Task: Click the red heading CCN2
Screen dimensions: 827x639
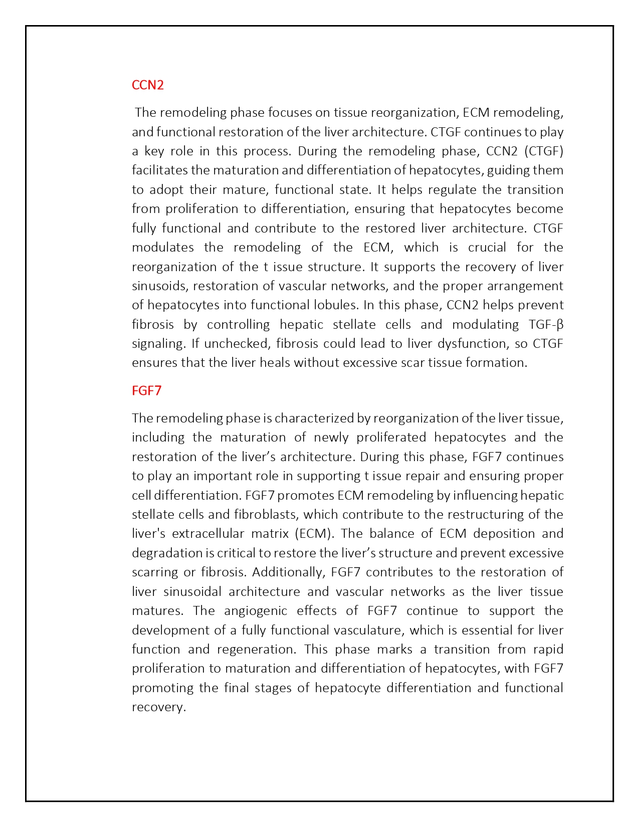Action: (x=147, y=85)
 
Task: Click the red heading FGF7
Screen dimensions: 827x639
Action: (x=146, y=390)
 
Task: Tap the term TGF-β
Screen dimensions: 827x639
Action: (x=546, y=324)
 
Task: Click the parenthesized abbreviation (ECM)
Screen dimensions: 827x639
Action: (x=314, y=533)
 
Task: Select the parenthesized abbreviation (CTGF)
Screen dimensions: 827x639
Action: (x=543, y=151)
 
